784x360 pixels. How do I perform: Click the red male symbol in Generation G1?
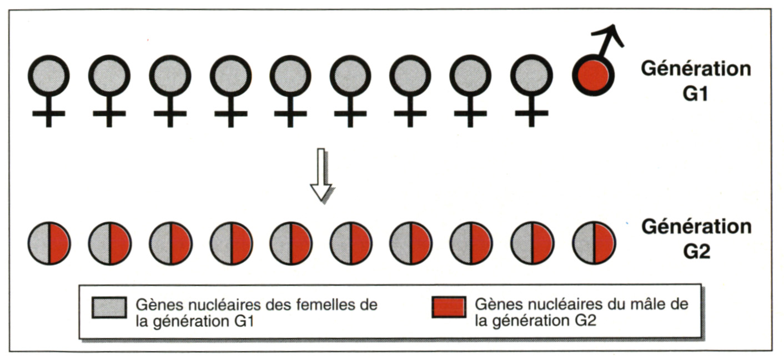[x=593, y=76]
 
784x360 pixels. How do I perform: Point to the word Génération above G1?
[x=695, y=69]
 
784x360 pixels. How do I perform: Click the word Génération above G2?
[x=696, y=227]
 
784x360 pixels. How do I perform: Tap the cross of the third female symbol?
[x=170, y=113]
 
